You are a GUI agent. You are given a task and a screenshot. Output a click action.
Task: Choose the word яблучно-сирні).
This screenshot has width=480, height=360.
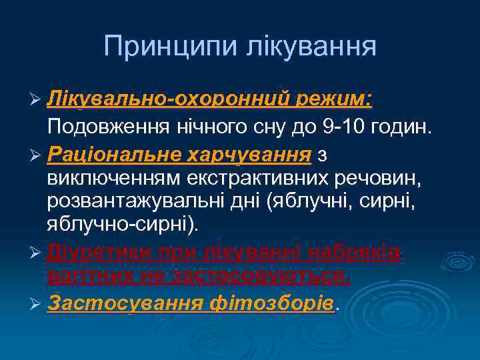pyautogui.click(x=123, y=225)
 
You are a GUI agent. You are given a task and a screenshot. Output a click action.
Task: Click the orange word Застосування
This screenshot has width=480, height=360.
pyautogui.click(x=125, y=303)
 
